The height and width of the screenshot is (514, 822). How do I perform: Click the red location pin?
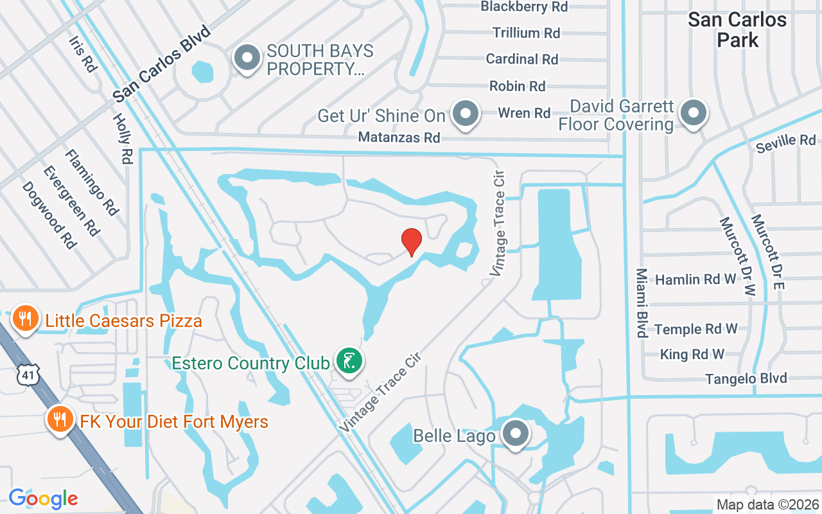tap(412, 242)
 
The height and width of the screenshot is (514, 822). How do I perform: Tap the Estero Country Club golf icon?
tap(348, 362)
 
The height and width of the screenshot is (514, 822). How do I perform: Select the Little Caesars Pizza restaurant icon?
tap(25, 319)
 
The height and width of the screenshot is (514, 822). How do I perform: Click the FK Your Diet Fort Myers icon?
tap(60, 421)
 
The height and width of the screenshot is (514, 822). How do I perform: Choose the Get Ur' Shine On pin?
tap(466, 115)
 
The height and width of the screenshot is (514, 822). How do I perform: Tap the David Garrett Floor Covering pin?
tap(693, 114)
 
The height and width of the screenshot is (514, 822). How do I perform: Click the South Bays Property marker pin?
tap(247, 59)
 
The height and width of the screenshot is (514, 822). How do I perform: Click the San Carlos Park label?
tap(737, 30)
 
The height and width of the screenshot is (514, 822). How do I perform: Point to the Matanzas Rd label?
tap(399, 137)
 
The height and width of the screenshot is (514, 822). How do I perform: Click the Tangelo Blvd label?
tap(746, 378)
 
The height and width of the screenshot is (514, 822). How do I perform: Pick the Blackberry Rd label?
tap(524, 7)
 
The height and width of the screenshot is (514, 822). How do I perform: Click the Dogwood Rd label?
tap(49, 215)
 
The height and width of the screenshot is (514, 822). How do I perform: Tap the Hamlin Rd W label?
tap(695, 279)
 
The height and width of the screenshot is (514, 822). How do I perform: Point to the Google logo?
tap(43, 498)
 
